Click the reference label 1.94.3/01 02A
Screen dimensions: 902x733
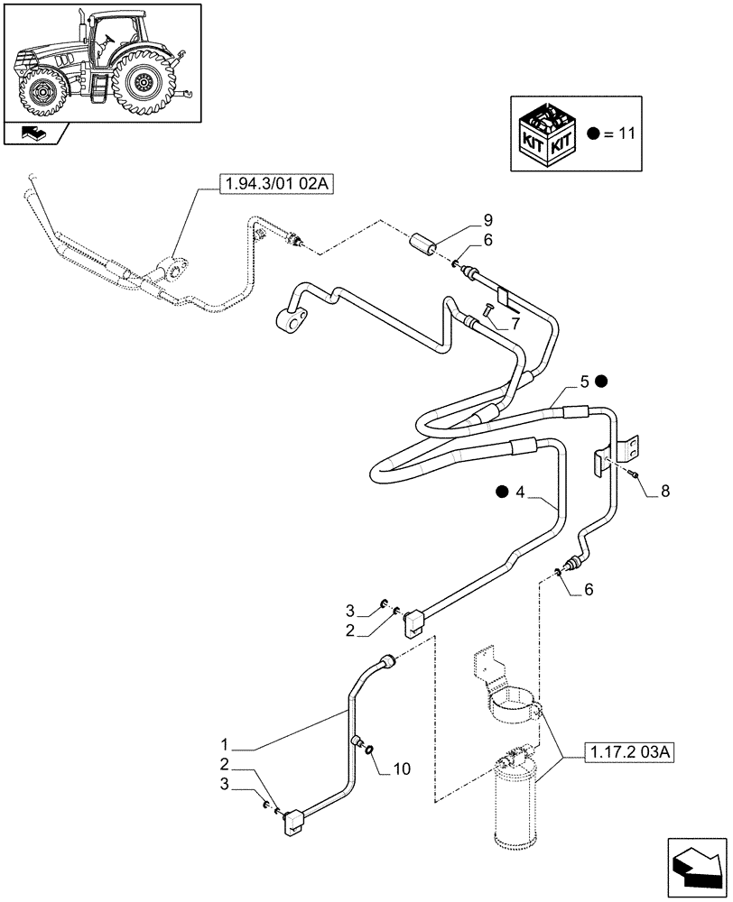click(276, 186)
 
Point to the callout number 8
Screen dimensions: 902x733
click(665, 492)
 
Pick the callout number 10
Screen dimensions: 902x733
click(401, 769)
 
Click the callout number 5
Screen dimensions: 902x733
click(584, 382)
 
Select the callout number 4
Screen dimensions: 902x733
click(520, 492)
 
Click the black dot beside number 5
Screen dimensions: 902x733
click(601, 382)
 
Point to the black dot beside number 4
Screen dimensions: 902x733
click(502, 492)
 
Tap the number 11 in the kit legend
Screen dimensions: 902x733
click(627, 133)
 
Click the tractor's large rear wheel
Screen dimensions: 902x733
click(142, 84)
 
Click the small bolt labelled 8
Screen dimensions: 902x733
click(635, 473)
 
